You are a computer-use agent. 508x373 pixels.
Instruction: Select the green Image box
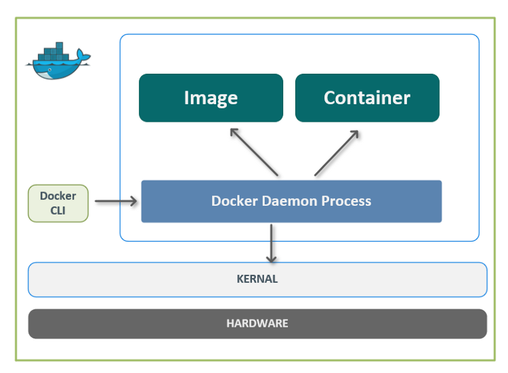(x=211, y=97)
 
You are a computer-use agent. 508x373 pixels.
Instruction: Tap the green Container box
(x=367, y=97)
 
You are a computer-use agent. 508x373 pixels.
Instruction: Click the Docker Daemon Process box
(x=291, y=201)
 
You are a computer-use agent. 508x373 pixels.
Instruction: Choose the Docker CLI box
(x=58, y=203)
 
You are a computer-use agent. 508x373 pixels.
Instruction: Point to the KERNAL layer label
(x=257, y=279)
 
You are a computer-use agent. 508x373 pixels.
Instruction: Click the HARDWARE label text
(x=257, y=324)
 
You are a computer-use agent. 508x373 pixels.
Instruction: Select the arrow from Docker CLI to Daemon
(x=116, y=201)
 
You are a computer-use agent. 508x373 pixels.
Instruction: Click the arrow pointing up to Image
(x=254, y=152)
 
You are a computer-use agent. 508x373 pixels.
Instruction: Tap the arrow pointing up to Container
(x=337, y=153)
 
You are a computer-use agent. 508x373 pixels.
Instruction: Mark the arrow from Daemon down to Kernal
(x=272, y=242)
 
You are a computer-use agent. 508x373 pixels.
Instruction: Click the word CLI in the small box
(x=58, y=210)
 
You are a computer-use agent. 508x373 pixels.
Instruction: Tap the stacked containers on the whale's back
(x=56, y=51)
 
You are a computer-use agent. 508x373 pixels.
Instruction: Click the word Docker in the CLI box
(x=58, y=196)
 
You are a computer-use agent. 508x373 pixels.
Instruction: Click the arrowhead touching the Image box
(x=234, y=131)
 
